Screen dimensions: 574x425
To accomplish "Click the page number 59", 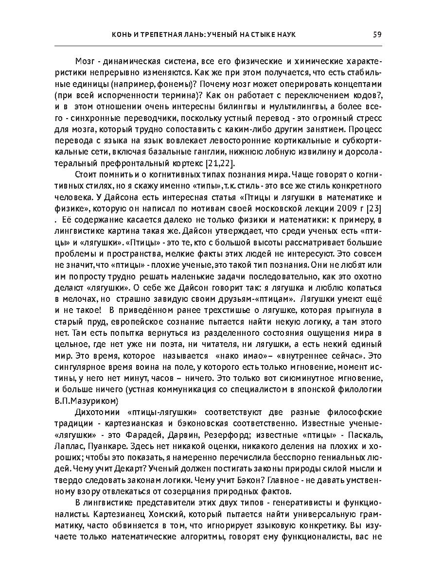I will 377,35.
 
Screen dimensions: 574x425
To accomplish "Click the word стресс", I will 370,118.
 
